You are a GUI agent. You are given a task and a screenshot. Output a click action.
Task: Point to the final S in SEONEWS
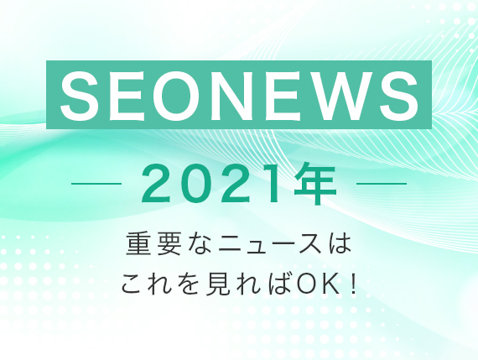398,95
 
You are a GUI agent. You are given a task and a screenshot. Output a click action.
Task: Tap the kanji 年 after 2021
315,184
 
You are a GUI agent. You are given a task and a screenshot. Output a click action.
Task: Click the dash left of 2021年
96,184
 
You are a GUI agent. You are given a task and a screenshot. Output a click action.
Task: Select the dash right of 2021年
382,184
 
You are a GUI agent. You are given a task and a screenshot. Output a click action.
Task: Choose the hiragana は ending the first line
340,243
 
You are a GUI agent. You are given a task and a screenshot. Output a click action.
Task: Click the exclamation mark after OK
353,284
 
